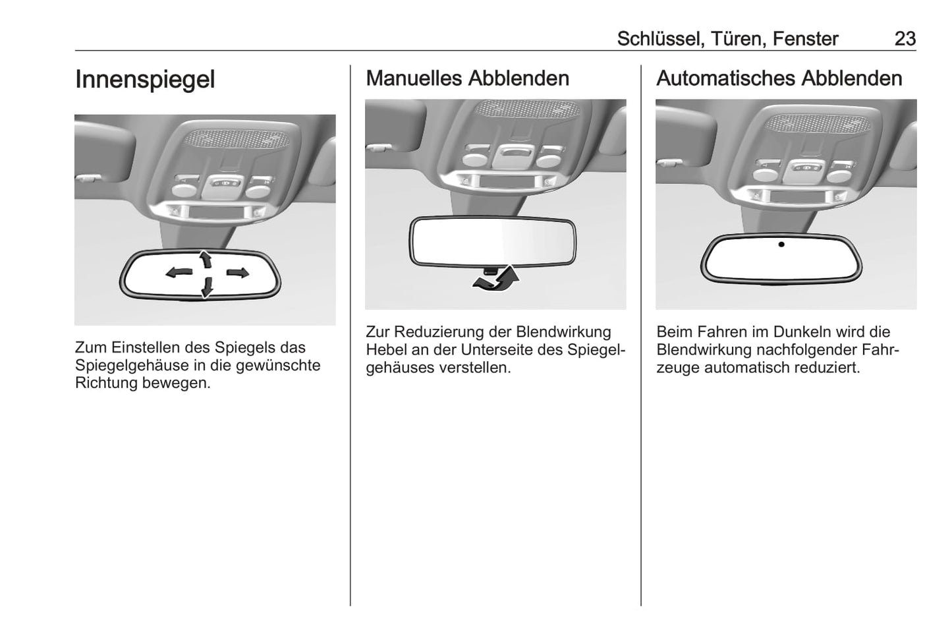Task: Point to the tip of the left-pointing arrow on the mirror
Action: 166,273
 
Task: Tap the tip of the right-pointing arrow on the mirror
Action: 250,272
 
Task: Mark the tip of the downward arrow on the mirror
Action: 207,297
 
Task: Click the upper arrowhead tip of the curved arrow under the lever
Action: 512,266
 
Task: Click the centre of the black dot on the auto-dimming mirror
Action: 781,245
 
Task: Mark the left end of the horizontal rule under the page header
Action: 75,51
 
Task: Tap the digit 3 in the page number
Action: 910,39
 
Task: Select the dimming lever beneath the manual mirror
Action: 490,271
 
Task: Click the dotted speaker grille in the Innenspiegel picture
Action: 237,139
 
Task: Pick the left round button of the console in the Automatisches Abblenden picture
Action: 766,175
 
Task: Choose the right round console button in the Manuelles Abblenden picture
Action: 549,161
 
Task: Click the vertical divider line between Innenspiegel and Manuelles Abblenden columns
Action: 350,335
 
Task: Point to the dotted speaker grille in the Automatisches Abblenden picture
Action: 818,124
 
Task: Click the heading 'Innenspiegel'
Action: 145,80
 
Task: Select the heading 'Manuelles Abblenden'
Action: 468,78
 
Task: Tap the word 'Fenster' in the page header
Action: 805,39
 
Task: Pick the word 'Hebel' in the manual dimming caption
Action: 386,349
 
